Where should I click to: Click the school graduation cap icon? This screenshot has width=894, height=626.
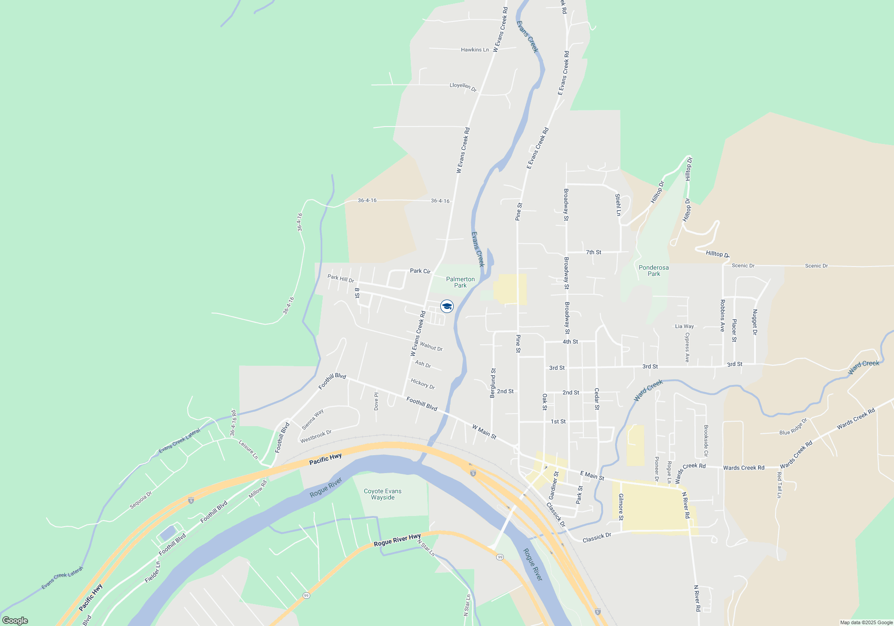tap(447, 306)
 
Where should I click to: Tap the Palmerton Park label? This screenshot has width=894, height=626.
tap(460, 282)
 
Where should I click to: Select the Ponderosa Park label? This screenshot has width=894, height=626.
tap(654, 271)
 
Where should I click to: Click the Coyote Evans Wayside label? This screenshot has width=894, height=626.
tap(383, 494)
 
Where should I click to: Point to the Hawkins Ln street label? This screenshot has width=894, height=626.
tap(475, 50)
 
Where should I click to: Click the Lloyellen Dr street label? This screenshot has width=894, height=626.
tap(463, 86)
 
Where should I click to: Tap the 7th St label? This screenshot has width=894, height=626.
tap(594, 252)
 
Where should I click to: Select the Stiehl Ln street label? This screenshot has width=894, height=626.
tap(618, 205)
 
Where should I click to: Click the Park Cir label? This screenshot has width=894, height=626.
tap(420, 271)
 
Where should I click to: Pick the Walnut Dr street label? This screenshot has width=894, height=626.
tap(431, 347)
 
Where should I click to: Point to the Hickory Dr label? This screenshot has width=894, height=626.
tap(423, 384)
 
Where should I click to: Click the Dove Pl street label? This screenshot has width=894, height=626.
tap(376, 401)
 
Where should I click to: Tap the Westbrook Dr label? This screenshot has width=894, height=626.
tap(316, 437)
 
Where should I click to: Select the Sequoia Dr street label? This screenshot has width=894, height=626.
tap(141, 500)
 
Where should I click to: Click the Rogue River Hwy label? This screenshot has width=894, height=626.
tap(397, 540)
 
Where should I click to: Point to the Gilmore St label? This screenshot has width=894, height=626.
tap(620, 507)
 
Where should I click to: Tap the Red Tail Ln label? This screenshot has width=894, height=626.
tap(779, 485)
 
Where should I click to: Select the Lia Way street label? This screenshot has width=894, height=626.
tap(684, 326)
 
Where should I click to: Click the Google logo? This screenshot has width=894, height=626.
tap(15, 620)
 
